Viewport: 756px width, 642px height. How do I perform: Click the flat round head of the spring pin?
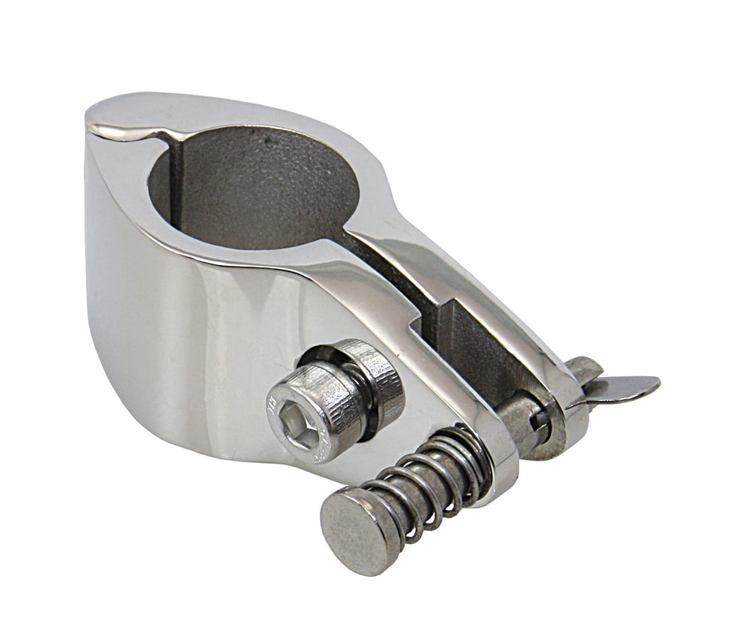pyautogui.click(x=358, y=530)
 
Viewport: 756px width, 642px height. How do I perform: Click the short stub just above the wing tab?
pyautogui.click(x=585, y=368)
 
